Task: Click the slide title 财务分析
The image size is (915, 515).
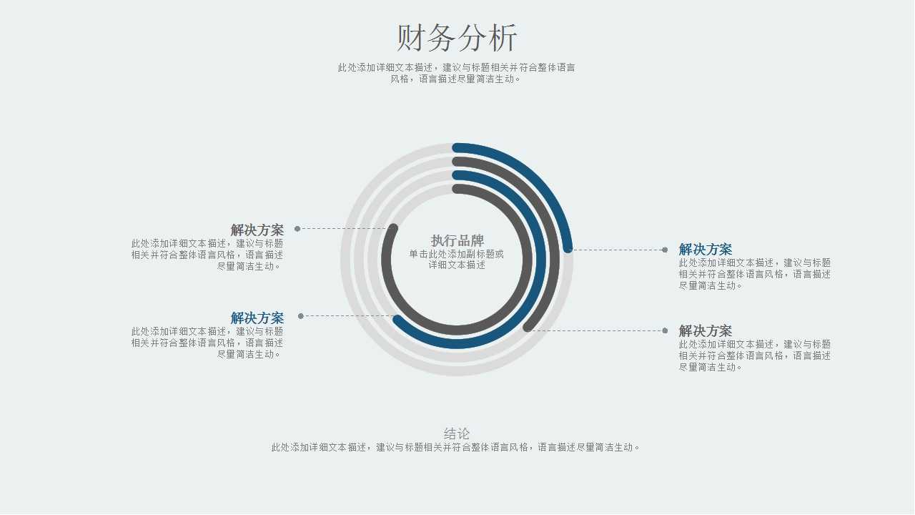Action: (x=457, y=38)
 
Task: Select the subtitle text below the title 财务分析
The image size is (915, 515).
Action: (x=457, y=73)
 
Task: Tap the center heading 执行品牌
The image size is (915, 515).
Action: (x=457, y=240)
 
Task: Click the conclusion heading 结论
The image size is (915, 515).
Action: (x=457, y=433)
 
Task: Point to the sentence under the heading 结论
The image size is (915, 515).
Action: (x=457, y=448)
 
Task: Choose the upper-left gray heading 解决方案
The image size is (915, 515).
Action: (x=257, y=230)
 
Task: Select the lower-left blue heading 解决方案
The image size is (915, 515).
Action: (x=257, y=318)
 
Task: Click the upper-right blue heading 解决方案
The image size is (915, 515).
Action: (x=706, y=250)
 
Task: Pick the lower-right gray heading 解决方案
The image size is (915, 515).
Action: (x=706, y=331)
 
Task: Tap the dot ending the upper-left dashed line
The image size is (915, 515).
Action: (x=297, y=229)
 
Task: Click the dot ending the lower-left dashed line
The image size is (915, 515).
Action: (x=301, y=316)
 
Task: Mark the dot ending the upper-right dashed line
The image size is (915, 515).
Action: (x=665, y=250)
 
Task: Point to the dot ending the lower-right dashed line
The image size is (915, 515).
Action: (x=665, y=330)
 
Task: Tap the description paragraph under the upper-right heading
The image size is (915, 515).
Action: (x=754, y=274)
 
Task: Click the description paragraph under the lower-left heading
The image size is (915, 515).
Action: (x=207, y=343)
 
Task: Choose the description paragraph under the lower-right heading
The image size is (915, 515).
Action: (x=754, y=355)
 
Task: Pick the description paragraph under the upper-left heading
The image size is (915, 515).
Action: (x=207, y=255)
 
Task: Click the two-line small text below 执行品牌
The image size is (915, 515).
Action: (x=457, y=259)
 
